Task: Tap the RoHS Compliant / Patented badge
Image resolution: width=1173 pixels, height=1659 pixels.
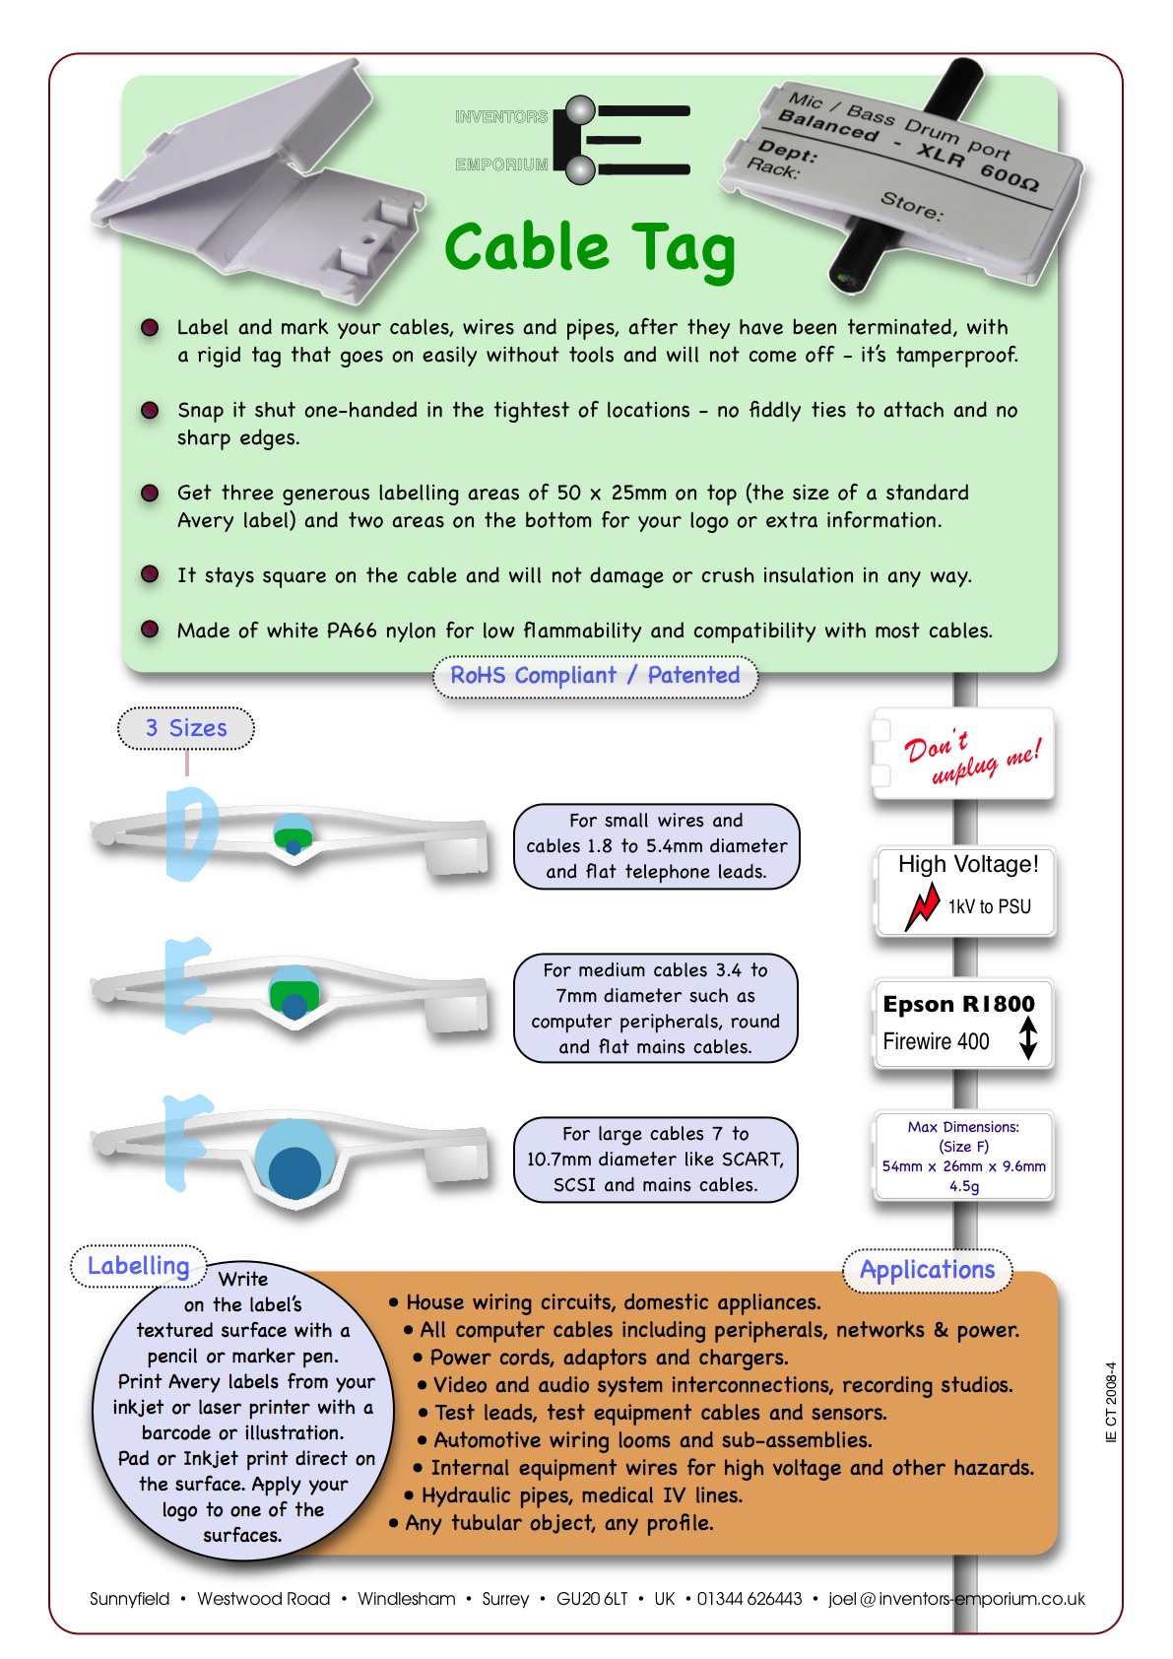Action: pos(595,676)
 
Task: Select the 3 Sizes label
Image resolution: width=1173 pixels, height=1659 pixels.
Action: pos(186,728)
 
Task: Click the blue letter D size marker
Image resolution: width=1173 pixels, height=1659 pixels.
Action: pos(191,831)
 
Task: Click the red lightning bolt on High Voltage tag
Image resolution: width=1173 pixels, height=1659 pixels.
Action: pos(923,905)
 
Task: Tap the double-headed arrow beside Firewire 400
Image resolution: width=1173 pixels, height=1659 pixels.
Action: pos(1028,1038)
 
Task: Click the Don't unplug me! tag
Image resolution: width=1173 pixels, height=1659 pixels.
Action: pos(964,756)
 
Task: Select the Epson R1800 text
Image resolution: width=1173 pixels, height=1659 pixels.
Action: pos(958,1004)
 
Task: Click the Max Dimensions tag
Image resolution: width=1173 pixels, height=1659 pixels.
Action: pos(963,1156)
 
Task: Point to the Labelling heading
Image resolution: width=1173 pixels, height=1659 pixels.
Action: pos(138,1266)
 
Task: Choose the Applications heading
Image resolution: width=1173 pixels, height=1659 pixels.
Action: pos(927,1270)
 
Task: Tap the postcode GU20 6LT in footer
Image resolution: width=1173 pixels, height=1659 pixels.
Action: pos(591,1599)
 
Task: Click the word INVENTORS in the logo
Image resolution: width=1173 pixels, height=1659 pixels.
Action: pos(501,117)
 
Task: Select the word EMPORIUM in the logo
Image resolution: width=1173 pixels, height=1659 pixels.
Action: pos(501,165)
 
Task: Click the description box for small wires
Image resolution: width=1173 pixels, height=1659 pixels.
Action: pos(656,846)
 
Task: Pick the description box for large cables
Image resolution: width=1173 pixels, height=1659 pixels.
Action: pos(655,1160)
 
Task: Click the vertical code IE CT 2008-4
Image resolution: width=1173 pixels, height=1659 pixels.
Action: pos(1111,1402)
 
